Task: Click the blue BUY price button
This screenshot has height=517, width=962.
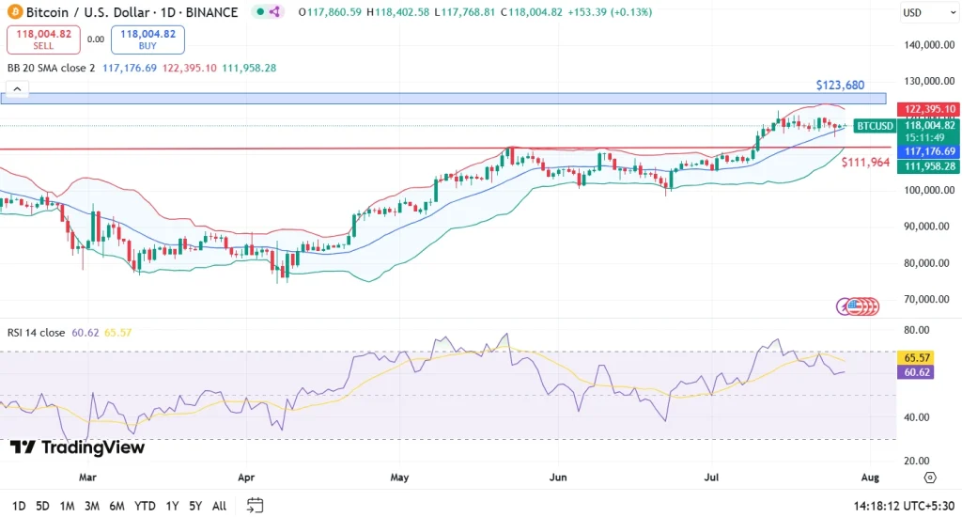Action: [x=147, y=39]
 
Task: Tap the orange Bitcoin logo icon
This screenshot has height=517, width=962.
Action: [x=12, y=11]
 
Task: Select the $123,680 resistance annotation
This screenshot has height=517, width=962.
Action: [x=839, y=86]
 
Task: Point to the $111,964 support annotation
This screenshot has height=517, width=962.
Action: [x=864, y=163]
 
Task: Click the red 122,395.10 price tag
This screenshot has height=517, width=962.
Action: [x=929, y=109]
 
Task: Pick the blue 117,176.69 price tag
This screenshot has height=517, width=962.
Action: [x=929, y=151]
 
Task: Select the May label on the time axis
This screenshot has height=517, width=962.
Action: [x=400, y=477]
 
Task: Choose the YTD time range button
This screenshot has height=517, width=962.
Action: [x=145, y=506]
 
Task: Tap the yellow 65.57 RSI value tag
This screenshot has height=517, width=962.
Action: [x=916, y=358]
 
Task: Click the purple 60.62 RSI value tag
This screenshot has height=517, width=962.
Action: [x=916, y=372]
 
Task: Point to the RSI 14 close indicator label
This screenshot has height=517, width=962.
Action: [x=36, y=332]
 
